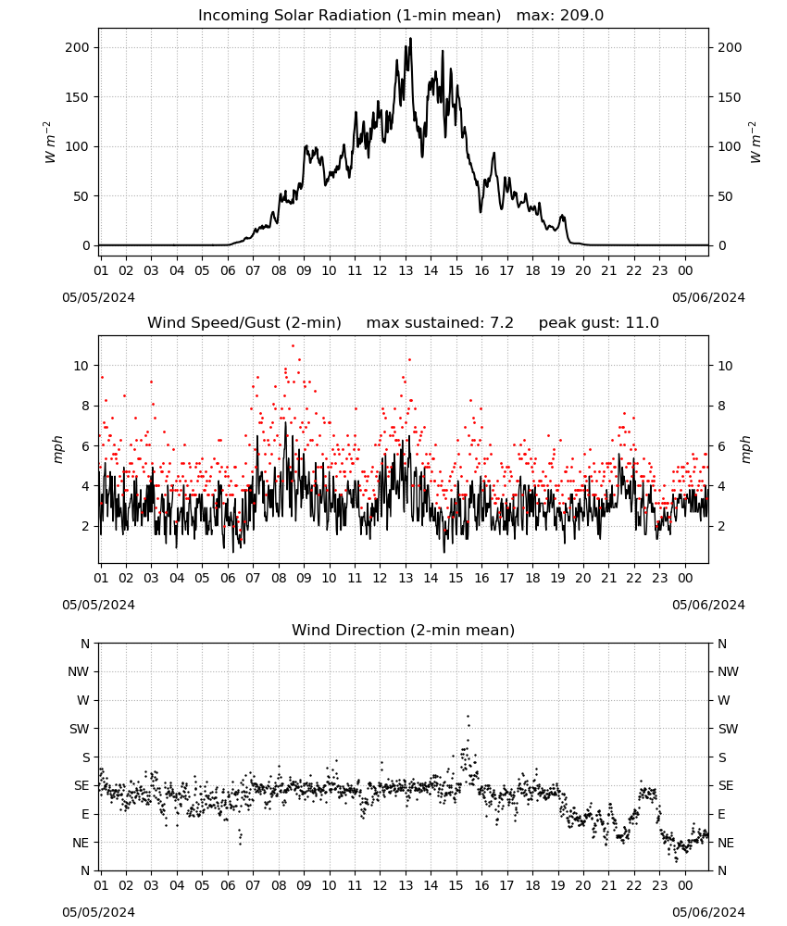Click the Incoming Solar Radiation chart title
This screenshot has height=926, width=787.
coord(349,16)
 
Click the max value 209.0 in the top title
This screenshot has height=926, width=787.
coord(581,16)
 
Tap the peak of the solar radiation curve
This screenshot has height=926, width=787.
coord(411,39)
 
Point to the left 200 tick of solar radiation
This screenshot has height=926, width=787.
coord(77,47)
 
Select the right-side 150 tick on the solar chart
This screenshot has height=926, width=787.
coord(730,97)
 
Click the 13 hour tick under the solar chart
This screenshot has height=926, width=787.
coord(406,270)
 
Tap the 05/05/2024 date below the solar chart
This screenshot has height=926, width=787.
coord(98,297)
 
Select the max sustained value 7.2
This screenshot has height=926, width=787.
coord(502,322)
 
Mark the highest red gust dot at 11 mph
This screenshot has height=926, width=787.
coord(293,346)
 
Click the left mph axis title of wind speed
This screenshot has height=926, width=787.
coord(57,449)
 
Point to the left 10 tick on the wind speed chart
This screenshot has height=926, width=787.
coord(81,366)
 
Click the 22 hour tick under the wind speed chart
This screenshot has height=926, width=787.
coord(634,578)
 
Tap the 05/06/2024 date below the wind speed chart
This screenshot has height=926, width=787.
coord(708,605)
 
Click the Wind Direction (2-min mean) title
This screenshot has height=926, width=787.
coord(404,630)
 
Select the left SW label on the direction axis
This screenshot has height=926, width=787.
coord(79,729)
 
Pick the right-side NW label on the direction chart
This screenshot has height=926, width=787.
coord(728,671)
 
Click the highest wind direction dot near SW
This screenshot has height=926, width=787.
coord(468,717)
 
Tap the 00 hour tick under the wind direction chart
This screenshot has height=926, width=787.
coord(685,885)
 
